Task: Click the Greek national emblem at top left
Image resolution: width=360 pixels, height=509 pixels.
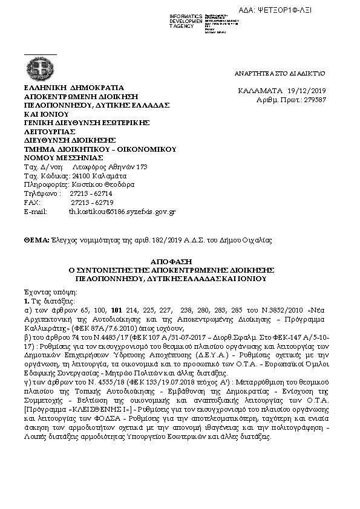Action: pyautogui.click(x=40, y=66)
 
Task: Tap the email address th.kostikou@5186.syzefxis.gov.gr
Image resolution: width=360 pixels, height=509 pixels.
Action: pyautogui.click(x=122, y=212)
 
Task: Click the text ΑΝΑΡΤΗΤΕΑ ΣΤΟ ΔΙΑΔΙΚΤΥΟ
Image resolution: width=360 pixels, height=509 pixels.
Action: pyautogui.click(x=280, y=73)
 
